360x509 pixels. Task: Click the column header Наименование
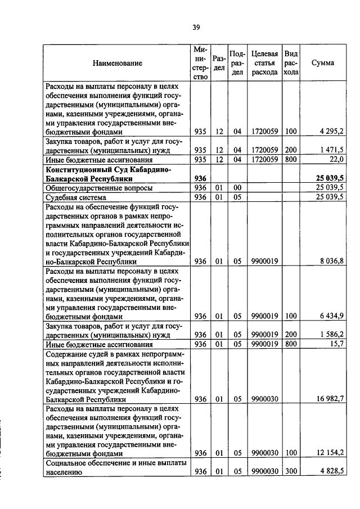[118, 63]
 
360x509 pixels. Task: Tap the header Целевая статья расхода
[264, 63]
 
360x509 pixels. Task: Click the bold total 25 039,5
[330, 178]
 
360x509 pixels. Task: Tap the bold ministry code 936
[201, 178]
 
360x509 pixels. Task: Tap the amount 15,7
[336, 344]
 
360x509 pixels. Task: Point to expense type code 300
[290, 472]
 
